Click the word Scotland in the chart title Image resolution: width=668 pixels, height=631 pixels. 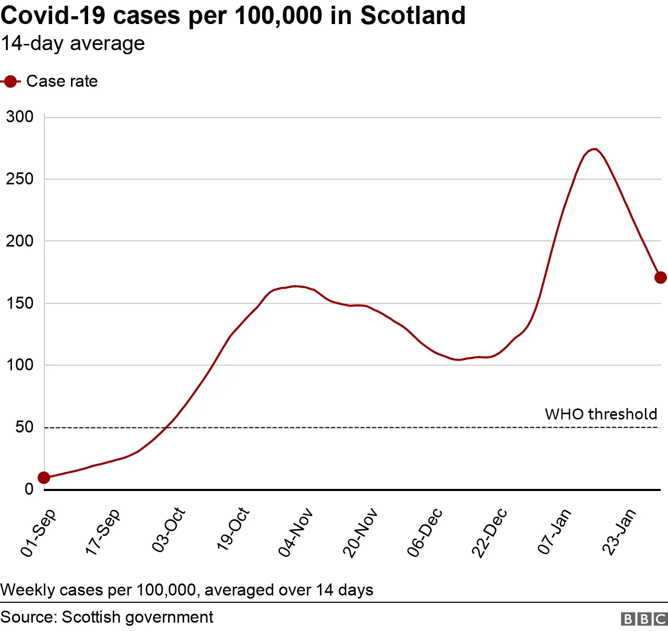pos(413,16)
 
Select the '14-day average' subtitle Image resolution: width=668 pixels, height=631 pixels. pos(73,44)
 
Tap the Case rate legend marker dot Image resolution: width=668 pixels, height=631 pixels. pos(10,81)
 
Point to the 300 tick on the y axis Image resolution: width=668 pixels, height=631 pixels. pos(20,116)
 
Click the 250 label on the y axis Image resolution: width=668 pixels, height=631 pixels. pos(20,179)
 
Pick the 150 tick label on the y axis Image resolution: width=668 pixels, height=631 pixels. pos(20,303)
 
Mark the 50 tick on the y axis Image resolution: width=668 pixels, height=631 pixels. pos(24,427)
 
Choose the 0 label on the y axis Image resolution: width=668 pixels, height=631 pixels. pos(29,489)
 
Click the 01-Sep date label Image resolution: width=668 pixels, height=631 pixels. pos(38,532)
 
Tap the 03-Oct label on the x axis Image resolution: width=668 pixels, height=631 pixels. pos(169,530)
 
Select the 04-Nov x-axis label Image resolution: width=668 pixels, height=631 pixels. pos(295,532)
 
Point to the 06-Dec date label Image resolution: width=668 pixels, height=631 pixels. pos(425,532)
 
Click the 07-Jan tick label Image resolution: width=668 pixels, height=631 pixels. pos(554,531)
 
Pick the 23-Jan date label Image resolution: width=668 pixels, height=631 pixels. pos(619,531)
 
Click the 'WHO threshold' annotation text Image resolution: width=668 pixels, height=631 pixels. pos(601,414)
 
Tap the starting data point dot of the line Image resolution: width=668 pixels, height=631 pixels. pos(44,477)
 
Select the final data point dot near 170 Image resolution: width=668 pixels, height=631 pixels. pos(660,277)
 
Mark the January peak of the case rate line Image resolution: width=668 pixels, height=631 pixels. pos(594,149)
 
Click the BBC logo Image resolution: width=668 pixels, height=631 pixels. pos(644,619)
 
